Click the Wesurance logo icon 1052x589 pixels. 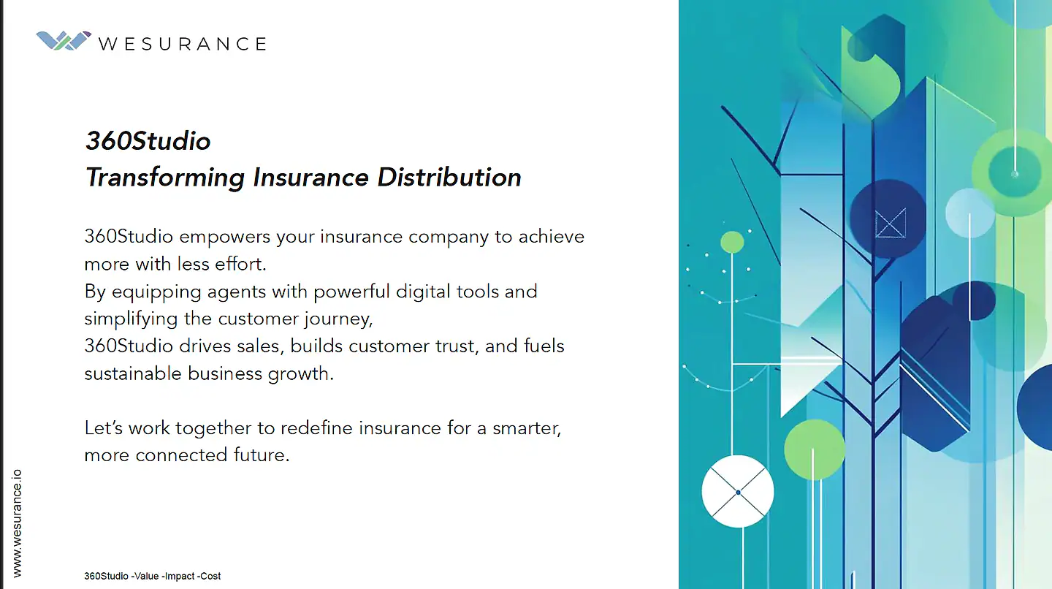point(64,41)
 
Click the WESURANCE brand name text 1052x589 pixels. point(183,44)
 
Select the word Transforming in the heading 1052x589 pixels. point(165,178)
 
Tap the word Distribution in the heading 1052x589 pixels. point(449,177)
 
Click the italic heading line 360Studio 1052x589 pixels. point(148,141)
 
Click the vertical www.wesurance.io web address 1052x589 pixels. point(17,523)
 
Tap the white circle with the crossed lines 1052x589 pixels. point(738,491)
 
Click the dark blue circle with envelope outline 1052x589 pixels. point(888,218)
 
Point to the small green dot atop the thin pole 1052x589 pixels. point(732,243)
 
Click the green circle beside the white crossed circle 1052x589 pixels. point(815,449)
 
